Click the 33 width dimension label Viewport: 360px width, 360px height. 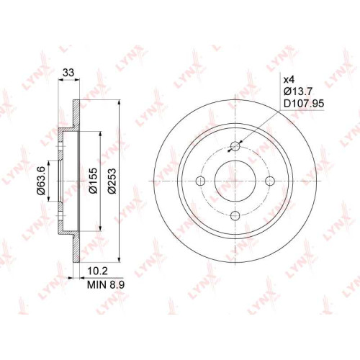(68, 72)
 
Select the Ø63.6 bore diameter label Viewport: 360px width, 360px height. (41, 180)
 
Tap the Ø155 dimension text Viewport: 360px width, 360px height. (93, 180)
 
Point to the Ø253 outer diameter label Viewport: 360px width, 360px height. (112, 181)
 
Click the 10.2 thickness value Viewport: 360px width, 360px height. (98, 271)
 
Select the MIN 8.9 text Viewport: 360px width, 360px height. (106, 285)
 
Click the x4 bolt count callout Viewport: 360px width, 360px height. (289, 79)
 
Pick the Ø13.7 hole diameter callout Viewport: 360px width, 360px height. (298, 91)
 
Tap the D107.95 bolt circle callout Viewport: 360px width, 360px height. (304, 104)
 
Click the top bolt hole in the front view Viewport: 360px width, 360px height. (235, 146)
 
